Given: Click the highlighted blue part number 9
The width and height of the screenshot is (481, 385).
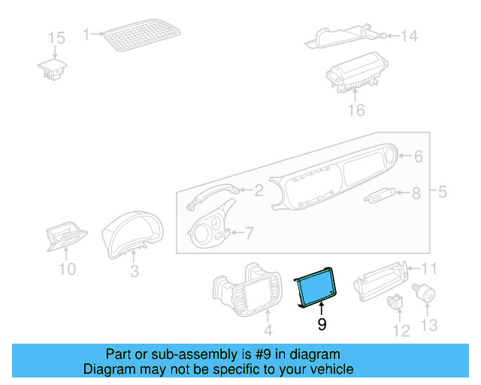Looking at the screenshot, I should (x=316, y=288).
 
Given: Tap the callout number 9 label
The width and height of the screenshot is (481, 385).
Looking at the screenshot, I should (x=322, y=325).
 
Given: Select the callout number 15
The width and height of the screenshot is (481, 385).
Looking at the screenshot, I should (x=57, y=38).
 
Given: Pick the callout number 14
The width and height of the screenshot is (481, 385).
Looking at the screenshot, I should (x=408, y=35).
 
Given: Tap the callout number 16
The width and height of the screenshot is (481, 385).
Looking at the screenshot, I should (x=355, y=111).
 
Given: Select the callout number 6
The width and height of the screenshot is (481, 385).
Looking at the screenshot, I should (x=419, y=156).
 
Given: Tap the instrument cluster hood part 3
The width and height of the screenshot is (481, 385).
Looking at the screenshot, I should (x=133, y=233).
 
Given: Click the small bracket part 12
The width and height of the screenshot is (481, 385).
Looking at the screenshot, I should (x=395, y=304).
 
